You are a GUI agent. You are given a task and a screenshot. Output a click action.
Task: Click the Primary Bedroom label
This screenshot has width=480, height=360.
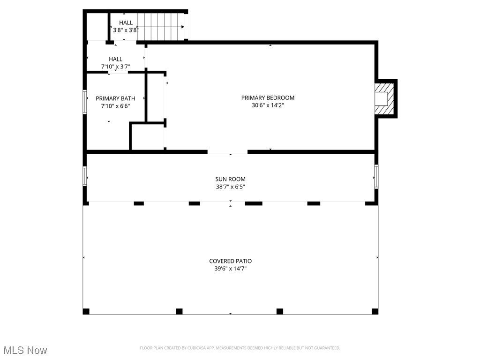point(268,97)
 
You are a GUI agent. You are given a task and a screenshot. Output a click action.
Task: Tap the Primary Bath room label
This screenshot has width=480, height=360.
point(115,98)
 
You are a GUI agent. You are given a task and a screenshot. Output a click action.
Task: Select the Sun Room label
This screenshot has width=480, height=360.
point(230,179)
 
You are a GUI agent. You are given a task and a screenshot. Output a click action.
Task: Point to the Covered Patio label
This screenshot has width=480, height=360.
point(231,261)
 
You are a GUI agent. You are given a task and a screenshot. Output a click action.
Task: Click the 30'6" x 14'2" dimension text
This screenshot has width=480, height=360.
point(268,105)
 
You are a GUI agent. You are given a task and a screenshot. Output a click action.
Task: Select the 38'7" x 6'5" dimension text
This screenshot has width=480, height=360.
point(231,187)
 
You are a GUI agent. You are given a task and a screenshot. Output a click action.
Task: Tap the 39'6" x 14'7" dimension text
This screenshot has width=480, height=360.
point(231,269)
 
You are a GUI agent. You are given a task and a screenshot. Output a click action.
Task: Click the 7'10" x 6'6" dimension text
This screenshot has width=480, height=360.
point(116,106)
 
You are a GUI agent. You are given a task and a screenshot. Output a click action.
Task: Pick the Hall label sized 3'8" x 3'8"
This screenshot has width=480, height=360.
point(126,22)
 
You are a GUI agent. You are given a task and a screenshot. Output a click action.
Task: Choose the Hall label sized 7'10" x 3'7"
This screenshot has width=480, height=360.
point(115,59)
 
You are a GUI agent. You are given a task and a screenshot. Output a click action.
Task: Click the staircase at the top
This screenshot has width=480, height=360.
point(161,27)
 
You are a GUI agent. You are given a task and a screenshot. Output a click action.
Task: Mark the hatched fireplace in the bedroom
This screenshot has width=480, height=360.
point(384,98)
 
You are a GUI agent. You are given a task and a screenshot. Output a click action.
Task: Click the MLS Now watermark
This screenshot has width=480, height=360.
point(25,350)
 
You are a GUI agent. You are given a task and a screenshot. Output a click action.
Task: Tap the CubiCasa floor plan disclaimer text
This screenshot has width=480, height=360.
point(240,348)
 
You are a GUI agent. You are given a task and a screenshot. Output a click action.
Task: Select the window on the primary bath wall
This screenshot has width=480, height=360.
point(85,102)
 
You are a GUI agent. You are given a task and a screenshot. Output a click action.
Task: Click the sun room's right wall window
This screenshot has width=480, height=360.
point(376,176)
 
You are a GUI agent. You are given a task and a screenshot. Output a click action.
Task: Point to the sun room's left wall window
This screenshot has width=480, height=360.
point(85,176)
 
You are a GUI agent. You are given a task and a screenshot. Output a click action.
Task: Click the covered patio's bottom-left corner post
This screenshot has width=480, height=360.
point(86,311)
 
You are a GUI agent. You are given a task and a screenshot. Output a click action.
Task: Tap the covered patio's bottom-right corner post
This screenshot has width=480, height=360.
point(375,311)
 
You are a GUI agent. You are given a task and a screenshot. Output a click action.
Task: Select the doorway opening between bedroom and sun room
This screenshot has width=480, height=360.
point(227,152)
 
